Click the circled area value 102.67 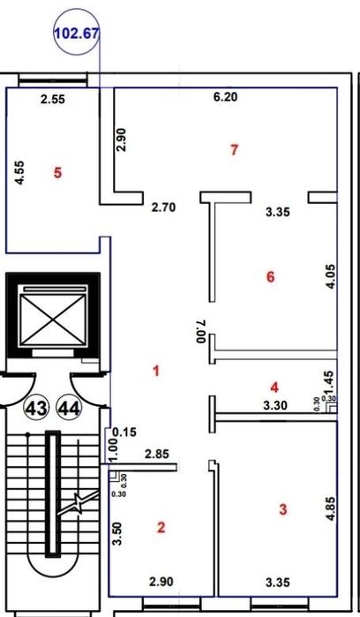click(77, 33)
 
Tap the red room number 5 click(58, 173)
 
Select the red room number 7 click(234, 149)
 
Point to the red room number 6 click(270, 277)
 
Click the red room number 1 click(156, 371)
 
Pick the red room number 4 click(274, 388)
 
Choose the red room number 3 click(283, 509)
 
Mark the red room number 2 click(161, 527)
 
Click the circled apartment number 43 click(37, 410)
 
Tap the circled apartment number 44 click(69, 410)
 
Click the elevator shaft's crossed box click(53, 320)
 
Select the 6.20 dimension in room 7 click(226, 96)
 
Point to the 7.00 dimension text click(201, 330)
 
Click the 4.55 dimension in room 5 click(19, 172)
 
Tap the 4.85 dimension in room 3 click(330, 508)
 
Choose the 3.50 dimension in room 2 click(116, 533)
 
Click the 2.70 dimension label click(163, 207)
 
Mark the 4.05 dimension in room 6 click(330, 276)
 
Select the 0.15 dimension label click(124, 433)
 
